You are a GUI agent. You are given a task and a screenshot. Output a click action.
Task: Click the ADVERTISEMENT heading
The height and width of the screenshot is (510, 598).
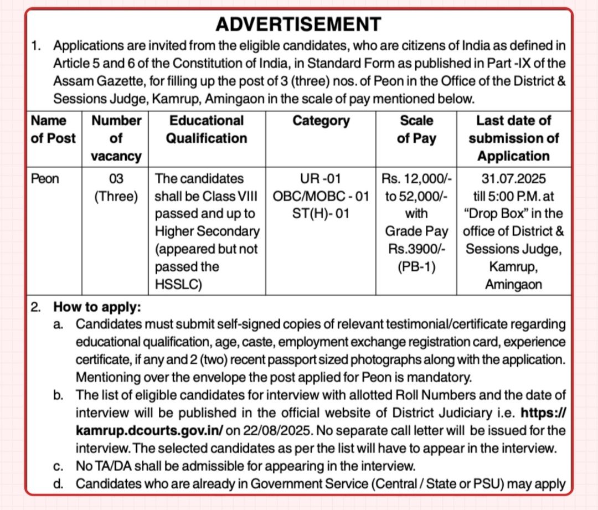point(298,24)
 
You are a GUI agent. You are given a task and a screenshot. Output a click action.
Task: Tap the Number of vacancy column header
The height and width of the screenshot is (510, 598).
point(116,138)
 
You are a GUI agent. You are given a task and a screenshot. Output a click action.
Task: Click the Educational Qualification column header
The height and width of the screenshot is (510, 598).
point(207,129)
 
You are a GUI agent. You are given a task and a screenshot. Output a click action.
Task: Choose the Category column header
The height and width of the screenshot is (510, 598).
point(321,121)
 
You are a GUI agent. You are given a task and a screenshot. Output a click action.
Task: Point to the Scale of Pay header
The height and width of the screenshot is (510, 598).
point(416,129)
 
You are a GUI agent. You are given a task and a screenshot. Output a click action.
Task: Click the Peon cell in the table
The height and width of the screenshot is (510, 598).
point(45,179)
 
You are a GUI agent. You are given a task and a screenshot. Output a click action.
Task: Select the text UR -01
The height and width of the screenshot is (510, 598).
point(321,179)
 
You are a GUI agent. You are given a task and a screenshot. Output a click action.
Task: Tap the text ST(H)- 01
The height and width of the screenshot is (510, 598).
point(321,213)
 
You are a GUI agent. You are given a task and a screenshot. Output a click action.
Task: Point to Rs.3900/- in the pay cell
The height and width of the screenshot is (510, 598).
point(416,249)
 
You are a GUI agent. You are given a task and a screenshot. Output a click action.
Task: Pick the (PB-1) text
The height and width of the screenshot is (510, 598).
point(416,266)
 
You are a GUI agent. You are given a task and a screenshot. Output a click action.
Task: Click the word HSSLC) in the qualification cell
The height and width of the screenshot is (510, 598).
point(178,285)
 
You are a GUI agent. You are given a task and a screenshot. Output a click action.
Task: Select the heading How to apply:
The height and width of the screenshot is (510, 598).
point(97,306)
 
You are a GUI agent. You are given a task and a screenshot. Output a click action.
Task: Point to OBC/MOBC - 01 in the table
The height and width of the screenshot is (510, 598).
point(321,196)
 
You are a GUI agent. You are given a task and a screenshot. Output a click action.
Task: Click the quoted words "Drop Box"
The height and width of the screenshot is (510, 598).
point(492,213)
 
